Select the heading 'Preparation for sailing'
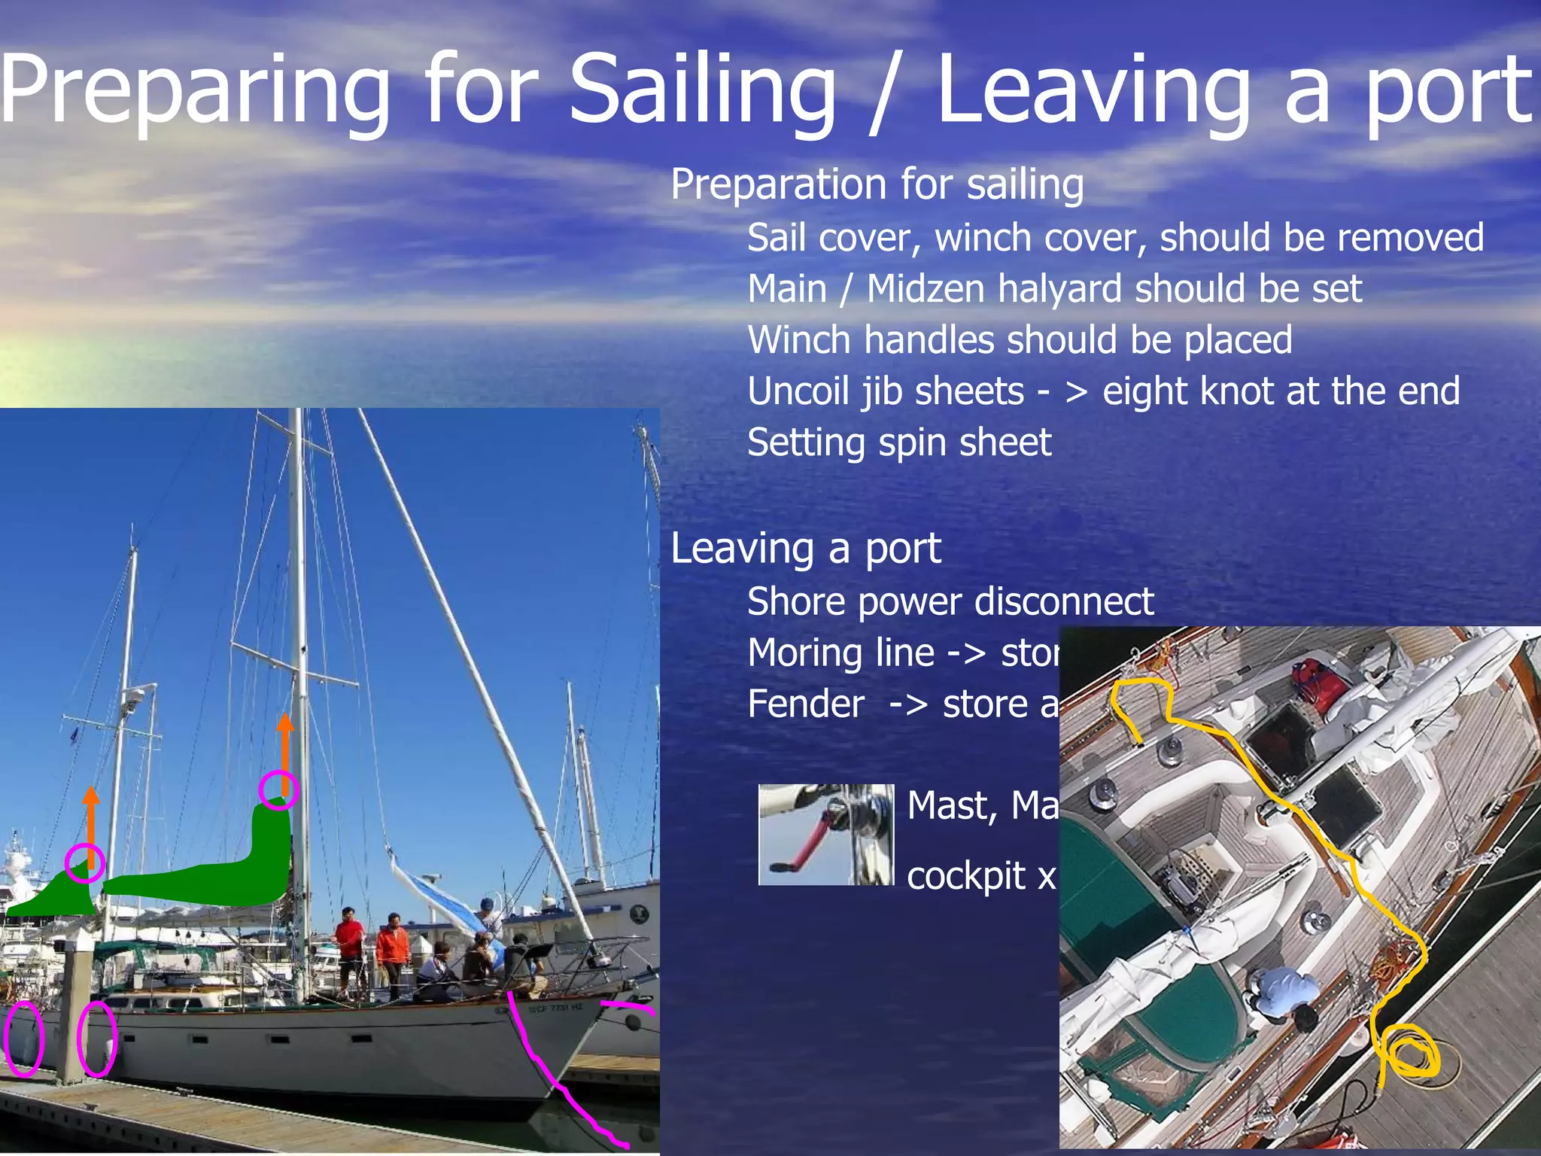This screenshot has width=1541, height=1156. pyautogui.click(x=877, y=184)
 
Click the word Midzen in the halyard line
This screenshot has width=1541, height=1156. pyautogui.click(x=925, y=289)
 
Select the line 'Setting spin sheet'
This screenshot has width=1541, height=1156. pyautogui.click(x=898, y=443)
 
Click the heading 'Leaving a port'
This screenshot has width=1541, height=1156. pyautogui.click(x=805, y=548)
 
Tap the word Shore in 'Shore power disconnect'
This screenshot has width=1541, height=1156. pyautogui.click(x=796, y=602)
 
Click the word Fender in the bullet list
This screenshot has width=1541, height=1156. pyautogui.click(x=805, y=704)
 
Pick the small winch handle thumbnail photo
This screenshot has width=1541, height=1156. pyautogui.click(x=825, y=834)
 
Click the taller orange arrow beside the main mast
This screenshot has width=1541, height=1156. pyautogui.click(x=285, y=753)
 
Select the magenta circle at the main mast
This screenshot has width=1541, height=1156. pyautogui.click(x=278, y=789)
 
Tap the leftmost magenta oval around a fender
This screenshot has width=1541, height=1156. pyautogui.click(x=24, y=1039)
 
